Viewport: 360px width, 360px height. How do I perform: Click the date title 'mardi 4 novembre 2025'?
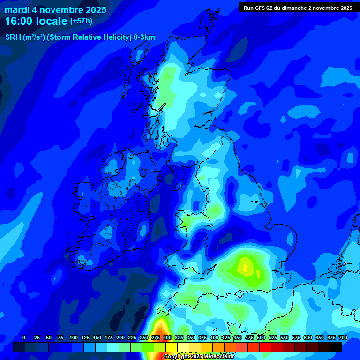coord(55,10)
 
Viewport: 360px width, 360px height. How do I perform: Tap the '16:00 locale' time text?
coord(37,21)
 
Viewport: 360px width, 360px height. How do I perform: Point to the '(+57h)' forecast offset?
coord(81,22)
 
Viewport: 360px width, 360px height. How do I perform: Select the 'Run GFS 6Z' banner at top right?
coord(298,7)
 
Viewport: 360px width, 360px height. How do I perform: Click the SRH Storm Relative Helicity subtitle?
coord(80,37)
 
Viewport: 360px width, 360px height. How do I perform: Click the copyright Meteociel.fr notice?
coord(199,357)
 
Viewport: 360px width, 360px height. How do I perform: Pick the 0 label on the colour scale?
coord(23,337)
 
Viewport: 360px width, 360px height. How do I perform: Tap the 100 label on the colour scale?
coord(73,337)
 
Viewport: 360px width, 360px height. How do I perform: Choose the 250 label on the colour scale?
coord(144,337)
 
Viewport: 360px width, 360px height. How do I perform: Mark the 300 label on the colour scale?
coord(167,337)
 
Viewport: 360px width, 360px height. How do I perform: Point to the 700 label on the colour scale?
coord(343,337)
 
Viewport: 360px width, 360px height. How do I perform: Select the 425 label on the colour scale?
coord(226,337)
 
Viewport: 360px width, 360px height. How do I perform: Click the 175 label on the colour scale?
coord(109,337)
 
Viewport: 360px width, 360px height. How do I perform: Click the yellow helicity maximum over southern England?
coord(245,266)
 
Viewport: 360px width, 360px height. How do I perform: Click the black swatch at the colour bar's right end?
coord(335,347)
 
